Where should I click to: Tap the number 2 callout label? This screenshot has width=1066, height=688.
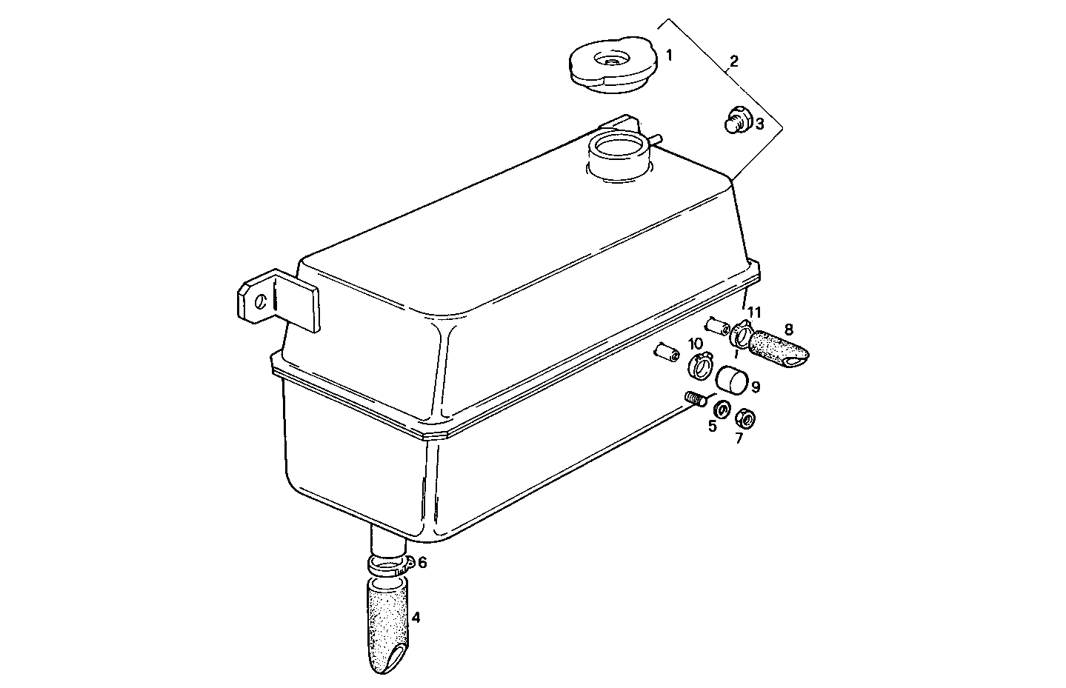click(x=733, y=60)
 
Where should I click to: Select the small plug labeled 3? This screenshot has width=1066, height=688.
click(x=736, y=121)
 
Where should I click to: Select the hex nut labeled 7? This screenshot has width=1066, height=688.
click(x=745, y=418)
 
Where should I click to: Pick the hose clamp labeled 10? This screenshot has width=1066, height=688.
click(x=700, y=364)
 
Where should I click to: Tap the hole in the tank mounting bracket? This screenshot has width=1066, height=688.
click(x=260, y=302)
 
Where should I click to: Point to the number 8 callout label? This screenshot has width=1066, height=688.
click(x=788, y=328)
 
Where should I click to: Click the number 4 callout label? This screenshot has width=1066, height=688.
click(x=416, y=617)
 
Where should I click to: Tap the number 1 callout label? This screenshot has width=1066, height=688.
click(x=669, y=56)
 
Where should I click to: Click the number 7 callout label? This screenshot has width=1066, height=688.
click(x=739, y=438)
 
